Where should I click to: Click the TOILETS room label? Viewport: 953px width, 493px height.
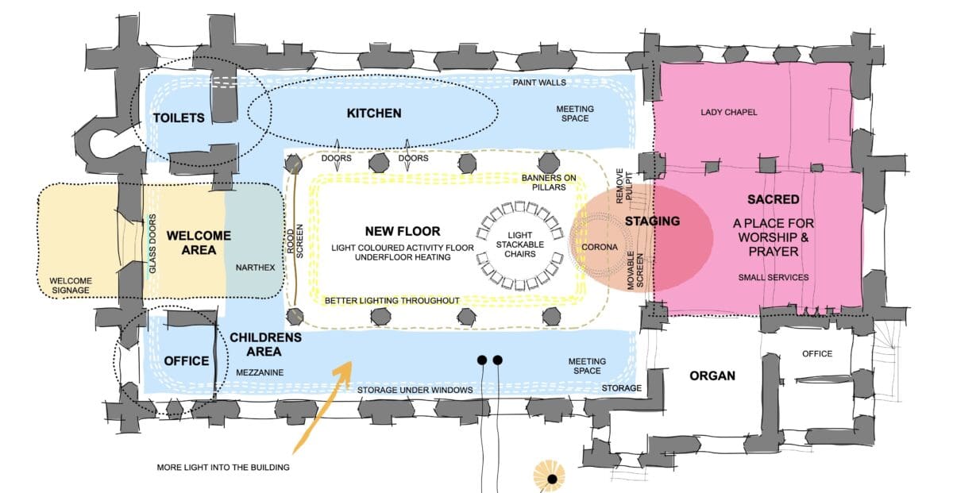coord(179,117)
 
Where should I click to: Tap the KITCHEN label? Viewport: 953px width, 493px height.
coord(374,114)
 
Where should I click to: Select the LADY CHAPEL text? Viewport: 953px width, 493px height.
coord(729,112)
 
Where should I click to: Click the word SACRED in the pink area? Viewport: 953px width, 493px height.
coord(773,199)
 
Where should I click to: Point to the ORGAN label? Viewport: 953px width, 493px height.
coord(712,376)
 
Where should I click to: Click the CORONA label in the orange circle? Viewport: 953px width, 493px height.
coord(600,247)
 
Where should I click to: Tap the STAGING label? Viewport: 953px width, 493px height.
coord(652,221)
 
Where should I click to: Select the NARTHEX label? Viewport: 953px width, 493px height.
coord(255,268)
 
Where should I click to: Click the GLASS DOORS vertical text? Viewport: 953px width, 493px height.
coord(152,244)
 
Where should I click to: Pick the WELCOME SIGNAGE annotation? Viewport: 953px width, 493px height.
coord(71,286)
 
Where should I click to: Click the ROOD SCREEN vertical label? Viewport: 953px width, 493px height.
coord(295,241)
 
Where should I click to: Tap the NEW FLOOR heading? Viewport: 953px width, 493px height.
coord(403,231)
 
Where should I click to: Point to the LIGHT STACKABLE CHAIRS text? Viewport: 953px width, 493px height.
coord(520,245)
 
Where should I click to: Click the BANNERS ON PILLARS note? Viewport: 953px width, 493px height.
coord(549,183)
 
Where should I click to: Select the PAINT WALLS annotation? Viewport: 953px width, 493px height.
coord(539,83)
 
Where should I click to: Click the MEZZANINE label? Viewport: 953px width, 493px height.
coord(260,372)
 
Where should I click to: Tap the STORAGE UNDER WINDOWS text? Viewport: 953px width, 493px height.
coord(415,390)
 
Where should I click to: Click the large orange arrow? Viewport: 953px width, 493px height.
coord(322,406)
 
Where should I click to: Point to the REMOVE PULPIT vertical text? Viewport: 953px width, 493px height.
coord(623,186)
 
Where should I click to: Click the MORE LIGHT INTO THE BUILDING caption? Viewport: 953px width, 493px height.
coord(223,467)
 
